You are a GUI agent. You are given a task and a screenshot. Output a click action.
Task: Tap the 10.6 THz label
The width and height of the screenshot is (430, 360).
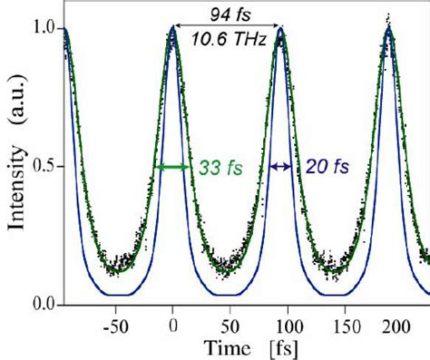227,38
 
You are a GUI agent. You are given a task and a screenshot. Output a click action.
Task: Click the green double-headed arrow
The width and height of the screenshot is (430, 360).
172,167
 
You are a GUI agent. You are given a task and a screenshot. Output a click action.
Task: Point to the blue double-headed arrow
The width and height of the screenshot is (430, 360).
281,167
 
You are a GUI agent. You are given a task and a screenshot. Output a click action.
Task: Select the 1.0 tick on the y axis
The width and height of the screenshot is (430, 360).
44,29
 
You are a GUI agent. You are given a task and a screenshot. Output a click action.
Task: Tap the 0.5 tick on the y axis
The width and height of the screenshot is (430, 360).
44,168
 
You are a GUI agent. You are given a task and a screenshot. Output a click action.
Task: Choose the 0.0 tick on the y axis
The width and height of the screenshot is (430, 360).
44,305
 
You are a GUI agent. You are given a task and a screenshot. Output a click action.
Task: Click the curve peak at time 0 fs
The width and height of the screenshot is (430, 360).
172,30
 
